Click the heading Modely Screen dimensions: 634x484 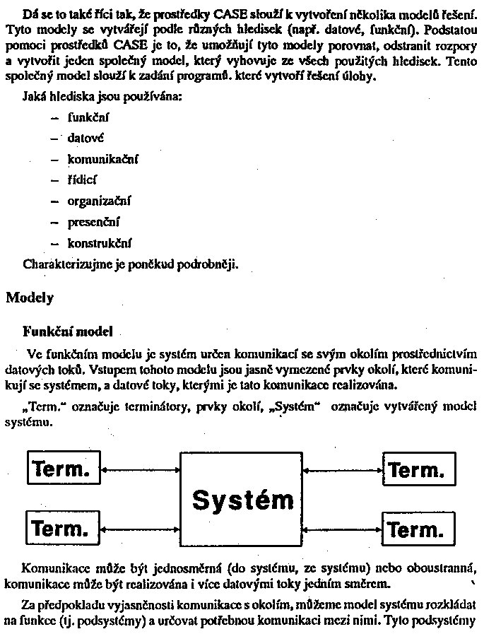pos(30,298)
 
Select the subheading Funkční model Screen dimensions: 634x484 pos(64,330)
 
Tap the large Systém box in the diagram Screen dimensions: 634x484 pos(242,499)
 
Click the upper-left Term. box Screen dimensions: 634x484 pos(63,469)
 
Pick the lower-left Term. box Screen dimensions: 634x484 pos(63,528)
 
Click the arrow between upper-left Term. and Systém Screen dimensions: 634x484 pos(141,469)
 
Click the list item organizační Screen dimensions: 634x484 pos(100,201)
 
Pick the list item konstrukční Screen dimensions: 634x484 pos(100,244)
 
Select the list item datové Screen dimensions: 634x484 pos(86,139)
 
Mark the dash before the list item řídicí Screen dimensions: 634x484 pos(54,181)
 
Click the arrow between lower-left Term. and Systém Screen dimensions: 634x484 pos(141,528)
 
